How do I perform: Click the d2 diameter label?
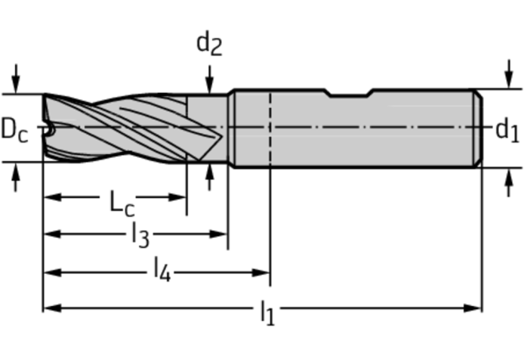(209, 43)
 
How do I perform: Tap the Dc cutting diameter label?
(15, 130)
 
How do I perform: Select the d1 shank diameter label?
(508, 130)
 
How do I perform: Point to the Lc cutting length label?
(122, 203)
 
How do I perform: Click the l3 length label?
(140, 235)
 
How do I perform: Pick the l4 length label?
(162, 269)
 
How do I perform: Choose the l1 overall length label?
(267, 313)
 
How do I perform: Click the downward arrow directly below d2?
(210, 80)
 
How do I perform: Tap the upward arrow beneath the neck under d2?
(210, 177)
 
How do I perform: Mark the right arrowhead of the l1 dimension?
(472, 308)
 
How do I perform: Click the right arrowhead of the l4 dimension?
(260, 273)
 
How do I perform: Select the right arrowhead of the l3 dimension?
(218, 234)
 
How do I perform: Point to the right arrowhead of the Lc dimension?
(177, 197)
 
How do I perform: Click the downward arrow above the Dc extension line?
(16, 79)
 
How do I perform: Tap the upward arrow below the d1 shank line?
(508, 182)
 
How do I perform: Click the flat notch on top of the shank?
(349, 95)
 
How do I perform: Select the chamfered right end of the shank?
(478, 128)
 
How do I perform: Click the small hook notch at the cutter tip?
(49, 131)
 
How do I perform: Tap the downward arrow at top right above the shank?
(508, 74)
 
